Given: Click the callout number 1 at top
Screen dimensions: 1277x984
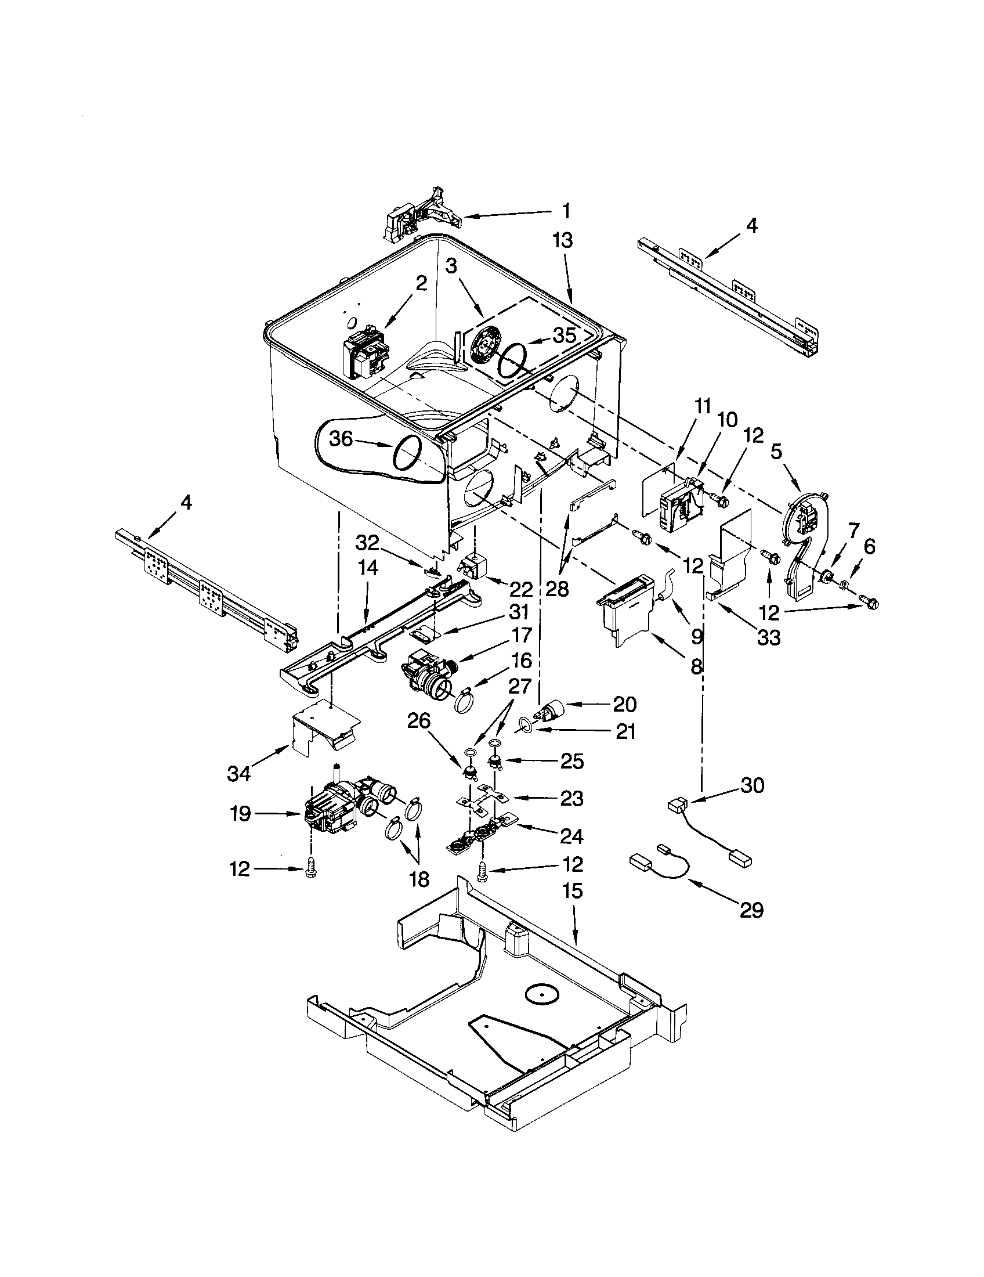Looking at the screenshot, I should click(566, 211).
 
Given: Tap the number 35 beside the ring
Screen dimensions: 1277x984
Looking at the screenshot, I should click(564, 335).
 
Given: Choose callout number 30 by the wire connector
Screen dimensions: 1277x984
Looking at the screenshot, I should click(753, 785).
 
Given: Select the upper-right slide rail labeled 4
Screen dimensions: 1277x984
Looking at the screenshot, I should click(730, 293).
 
